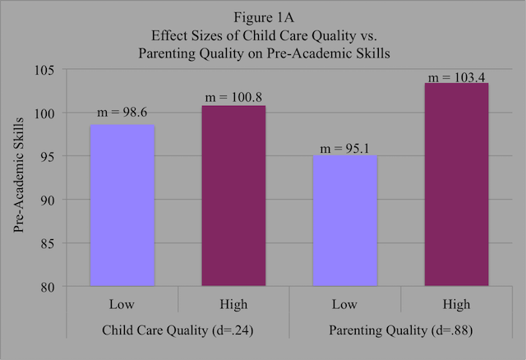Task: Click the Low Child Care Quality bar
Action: pyautogui.click(x=122, y=205)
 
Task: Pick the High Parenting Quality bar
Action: pyautogui.click(x=433, y=185)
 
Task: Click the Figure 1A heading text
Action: pyautogui.click(x=264, y=19)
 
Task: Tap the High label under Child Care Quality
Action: pyautogui.click(x=210, y=305)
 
